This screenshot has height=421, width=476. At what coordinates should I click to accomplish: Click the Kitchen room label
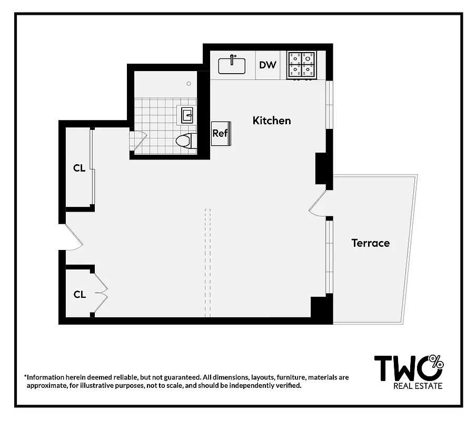point(271,121)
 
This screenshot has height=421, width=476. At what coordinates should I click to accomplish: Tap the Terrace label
point(370,243)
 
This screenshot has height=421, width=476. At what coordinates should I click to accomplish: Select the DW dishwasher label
point(267,65)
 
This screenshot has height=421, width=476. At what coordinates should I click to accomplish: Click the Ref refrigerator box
point(220,133)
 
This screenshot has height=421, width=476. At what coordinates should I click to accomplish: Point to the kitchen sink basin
point(232,65)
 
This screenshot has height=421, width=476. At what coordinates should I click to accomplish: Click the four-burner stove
point(301,65)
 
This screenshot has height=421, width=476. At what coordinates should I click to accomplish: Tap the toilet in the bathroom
point(185,141)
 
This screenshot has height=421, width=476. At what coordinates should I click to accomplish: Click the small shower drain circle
point(189,83)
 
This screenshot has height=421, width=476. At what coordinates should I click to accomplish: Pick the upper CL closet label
point(79,168)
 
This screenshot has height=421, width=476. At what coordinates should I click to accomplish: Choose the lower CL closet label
point(80,295)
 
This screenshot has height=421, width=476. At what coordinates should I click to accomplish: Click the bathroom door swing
point(137,141)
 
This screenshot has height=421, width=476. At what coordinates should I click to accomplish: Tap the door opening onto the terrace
point(318,204)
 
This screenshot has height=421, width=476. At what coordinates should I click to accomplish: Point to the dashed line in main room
point(207,263)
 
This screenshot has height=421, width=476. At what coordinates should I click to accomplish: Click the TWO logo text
point(403,368)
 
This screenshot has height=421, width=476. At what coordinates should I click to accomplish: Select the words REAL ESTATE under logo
point(418,386)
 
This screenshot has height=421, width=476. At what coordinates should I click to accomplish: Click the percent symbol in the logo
point(437,362)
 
